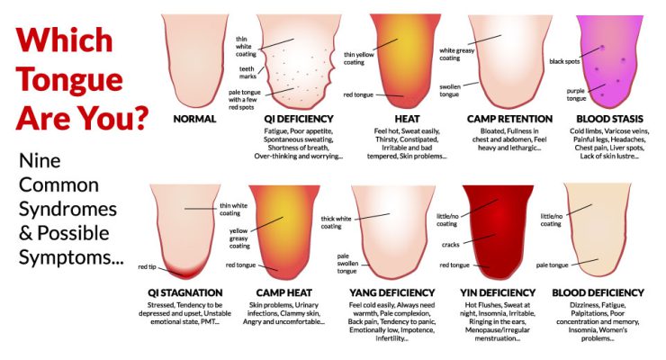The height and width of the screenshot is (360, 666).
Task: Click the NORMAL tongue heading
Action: pyautogui.click(x=195, y=119)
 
